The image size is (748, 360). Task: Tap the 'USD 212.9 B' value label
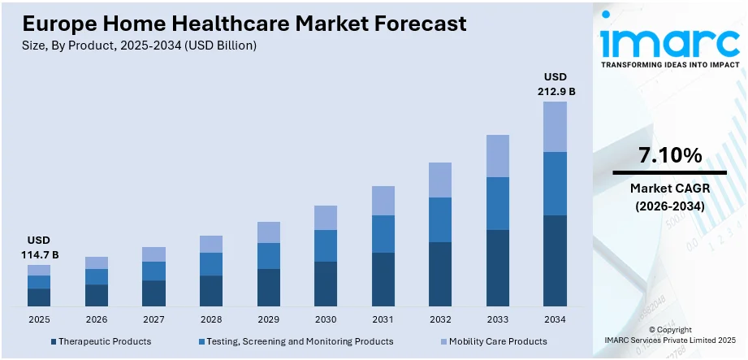tap(556, 85)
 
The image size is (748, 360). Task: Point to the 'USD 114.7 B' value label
tap(39, 248)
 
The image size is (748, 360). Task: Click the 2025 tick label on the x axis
tap(39, 319)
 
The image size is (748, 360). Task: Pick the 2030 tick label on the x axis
tap(326, 319)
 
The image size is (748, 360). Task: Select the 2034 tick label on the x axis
tap(556, 319)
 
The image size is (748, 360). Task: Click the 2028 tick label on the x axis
tap(211, 319)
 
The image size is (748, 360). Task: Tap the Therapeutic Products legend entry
tap(101, 341)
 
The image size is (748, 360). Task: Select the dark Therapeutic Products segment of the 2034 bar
tap(556, 261)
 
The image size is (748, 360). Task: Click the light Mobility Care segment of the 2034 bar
tap(556, 127)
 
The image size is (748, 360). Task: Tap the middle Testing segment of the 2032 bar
tap(440, 219)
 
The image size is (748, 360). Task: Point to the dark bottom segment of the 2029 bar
tap(268, 288)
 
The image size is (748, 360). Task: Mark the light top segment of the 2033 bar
tap(498, 156)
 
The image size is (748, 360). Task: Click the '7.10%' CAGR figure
tap(669, 155)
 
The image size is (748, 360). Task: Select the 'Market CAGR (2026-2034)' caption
tap(669, 197)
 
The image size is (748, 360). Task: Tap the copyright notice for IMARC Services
tap(669, 335)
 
